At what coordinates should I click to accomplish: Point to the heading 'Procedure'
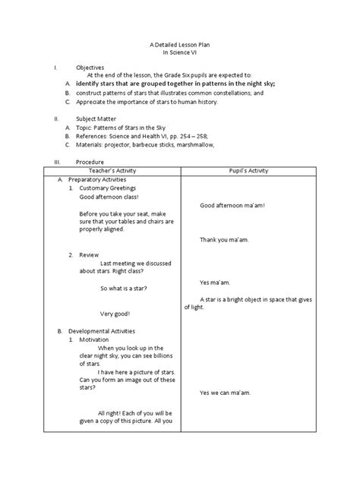point(90,163)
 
